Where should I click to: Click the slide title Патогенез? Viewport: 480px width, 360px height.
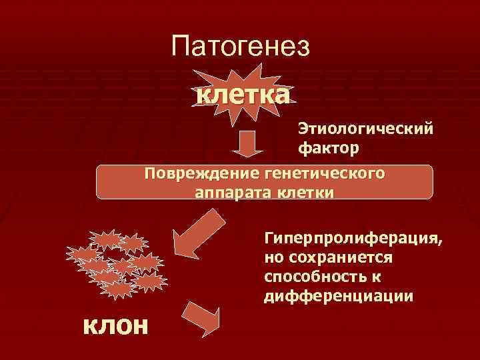241,46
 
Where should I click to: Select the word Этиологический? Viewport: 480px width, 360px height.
365,127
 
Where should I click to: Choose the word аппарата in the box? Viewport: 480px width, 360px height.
229,192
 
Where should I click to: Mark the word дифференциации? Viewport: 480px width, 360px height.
339,294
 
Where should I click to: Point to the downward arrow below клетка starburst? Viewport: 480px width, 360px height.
247,142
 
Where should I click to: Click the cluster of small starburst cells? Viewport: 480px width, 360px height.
115,263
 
